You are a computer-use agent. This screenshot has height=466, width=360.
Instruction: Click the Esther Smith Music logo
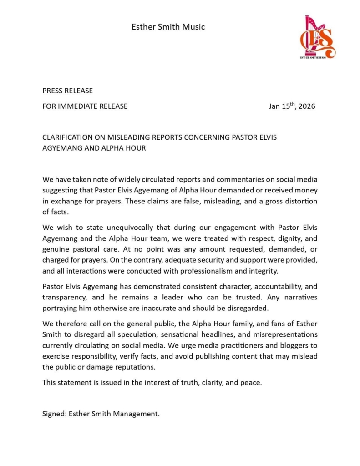click(x=317, y=37)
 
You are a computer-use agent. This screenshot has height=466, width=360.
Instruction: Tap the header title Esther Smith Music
click(x=168, y=27)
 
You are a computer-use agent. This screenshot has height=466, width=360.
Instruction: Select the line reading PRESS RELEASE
click(x=67, y=91)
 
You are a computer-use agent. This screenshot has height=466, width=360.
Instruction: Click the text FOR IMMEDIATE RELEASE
click(x=85, y=106)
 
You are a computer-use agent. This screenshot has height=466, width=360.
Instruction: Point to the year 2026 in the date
click(x=307, y=106)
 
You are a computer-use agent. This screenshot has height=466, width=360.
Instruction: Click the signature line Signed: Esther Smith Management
click(x=101, y=414)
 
